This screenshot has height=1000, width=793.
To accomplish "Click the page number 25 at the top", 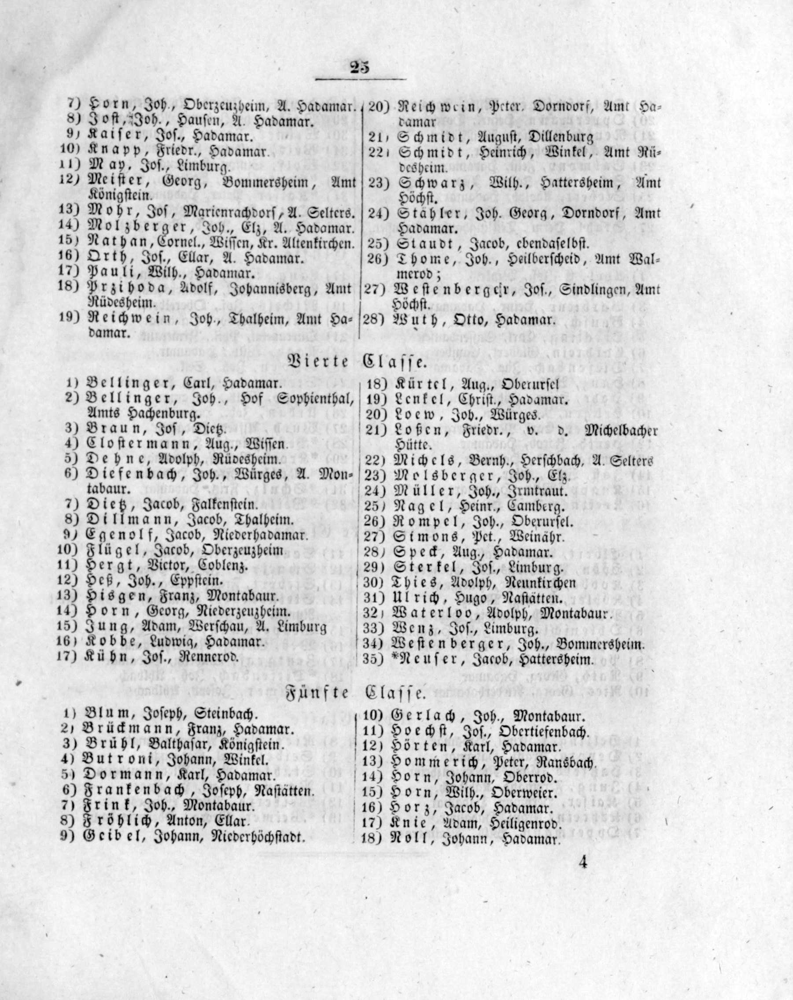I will click(x=360, y=68).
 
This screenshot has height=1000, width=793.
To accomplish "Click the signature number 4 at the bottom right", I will click(x=583, y=863).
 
